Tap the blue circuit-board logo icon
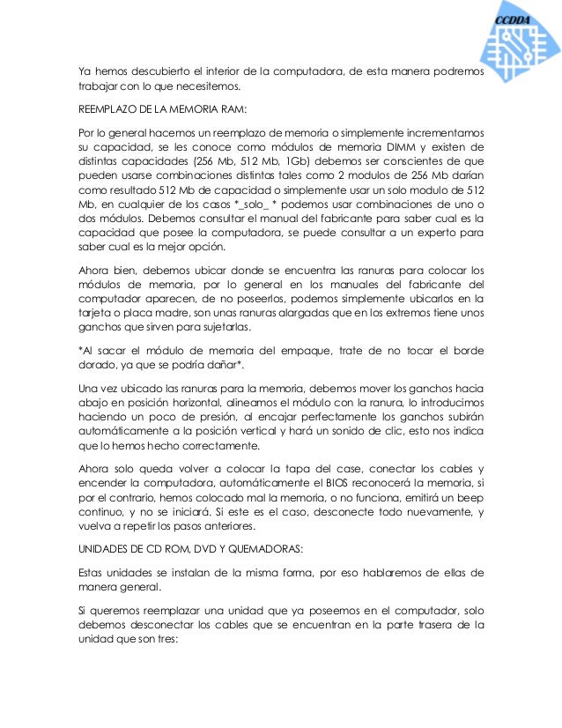click(x=519, y=48)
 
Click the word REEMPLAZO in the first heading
click(x=107, y=110)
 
